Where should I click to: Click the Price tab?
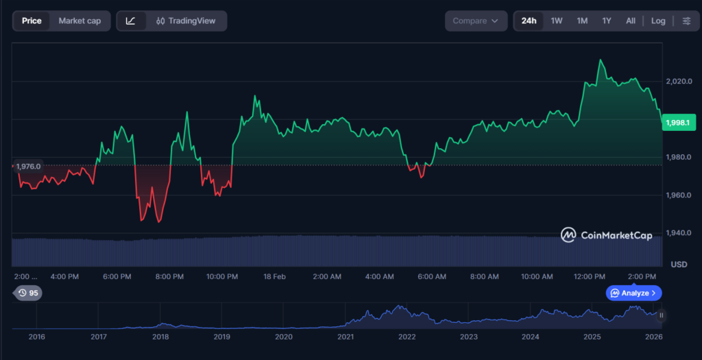point(32,21)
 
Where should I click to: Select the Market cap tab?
point(80,21)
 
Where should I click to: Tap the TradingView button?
point(186,21)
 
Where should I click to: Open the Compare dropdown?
point(476,21)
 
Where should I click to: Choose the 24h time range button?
point(529,21)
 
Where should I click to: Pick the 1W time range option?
point(557,21)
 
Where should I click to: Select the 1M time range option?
point(582,21)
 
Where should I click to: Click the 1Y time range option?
point(607,21)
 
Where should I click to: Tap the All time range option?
point(631,21)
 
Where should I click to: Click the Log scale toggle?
point(658,21)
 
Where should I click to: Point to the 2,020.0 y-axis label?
point(679,82)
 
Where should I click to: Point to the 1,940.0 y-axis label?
point(679,233)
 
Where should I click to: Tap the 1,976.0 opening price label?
point(28,166)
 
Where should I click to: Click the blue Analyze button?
point(633,293)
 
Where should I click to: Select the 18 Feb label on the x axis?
point(274,276)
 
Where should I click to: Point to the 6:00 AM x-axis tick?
point(432,276)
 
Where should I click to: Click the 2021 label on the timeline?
point(346,337)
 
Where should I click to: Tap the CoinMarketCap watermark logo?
point(606,235)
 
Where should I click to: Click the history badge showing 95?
point(28,293)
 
